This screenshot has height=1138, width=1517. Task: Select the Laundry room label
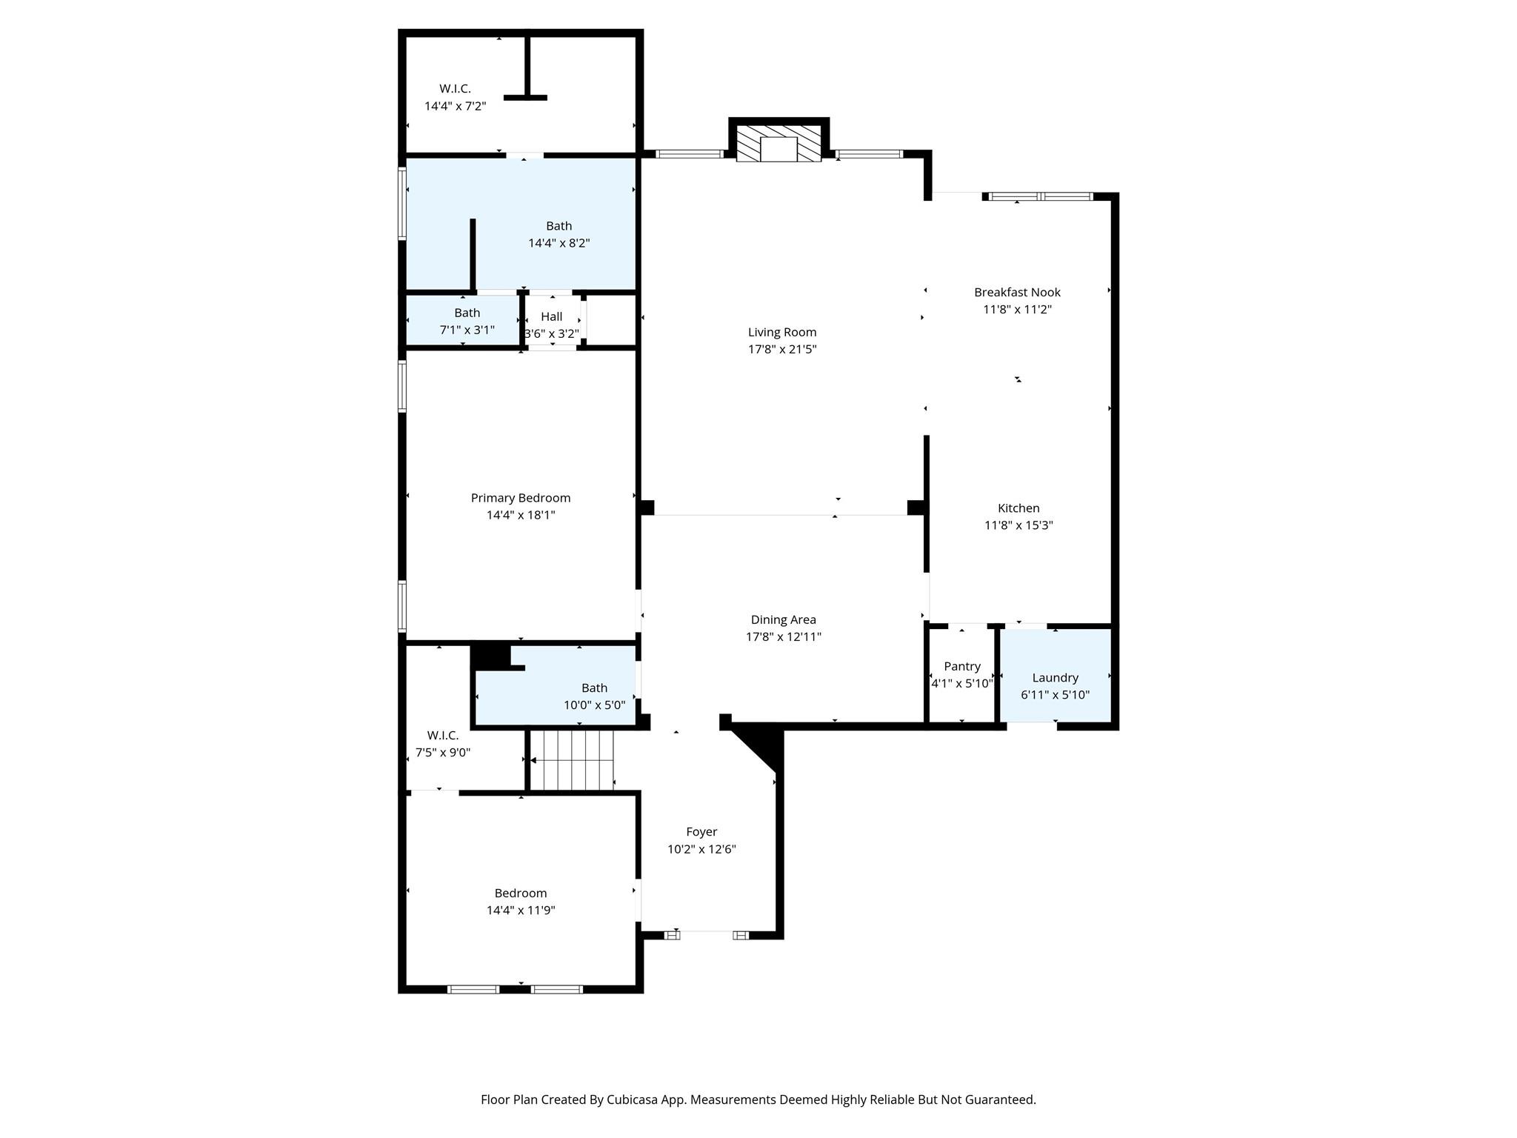1055,677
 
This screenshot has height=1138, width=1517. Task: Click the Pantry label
962,666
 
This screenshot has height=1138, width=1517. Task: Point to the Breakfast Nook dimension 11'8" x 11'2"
1017,310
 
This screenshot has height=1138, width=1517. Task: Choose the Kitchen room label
1018,508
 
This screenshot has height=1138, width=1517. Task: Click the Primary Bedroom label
521,498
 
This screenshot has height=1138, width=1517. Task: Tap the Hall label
551,317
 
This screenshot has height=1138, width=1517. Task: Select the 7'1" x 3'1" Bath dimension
467,330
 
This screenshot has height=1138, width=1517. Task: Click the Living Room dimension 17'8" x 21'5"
782,349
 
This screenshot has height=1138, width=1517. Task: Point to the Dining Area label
783,619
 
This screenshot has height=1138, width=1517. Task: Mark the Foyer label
701,832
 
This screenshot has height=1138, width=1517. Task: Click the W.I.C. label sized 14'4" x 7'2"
455,89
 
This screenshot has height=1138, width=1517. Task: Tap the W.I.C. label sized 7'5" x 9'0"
442,735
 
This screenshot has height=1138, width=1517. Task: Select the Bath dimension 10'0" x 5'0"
594,705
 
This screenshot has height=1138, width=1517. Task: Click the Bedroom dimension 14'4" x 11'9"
521,911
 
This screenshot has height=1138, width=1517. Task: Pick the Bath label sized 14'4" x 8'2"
559,226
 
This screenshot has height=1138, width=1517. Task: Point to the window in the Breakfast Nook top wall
1041,196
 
